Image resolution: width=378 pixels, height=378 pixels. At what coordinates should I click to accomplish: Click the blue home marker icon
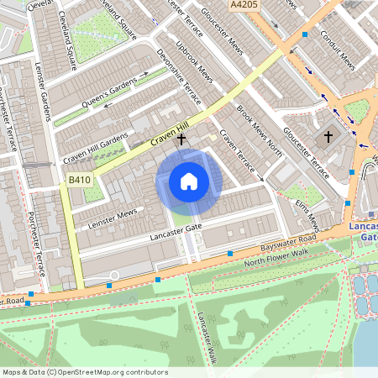[189, 181]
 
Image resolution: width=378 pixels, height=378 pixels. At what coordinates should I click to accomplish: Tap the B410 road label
[79, 180]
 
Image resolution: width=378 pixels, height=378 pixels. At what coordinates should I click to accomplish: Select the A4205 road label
[244, 5]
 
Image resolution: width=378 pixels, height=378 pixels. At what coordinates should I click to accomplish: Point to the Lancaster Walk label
[207, 334]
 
